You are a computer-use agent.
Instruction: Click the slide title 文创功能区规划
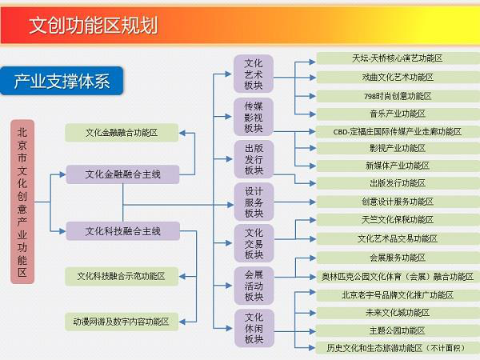94,25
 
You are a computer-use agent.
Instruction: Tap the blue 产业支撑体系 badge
62,81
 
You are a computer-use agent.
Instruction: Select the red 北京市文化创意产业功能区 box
22,202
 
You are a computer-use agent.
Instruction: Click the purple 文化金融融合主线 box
122,174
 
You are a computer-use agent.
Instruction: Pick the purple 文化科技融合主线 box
122,231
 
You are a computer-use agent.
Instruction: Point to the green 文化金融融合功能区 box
122,133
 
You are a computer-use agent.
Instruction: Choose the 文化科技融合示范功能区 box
122,276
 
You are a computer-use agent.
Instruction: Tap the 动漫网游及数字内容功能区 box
122,322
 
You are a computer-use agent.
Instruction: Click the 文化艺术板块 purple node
254,74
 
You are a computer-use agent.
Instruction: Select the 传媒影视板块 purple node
254,117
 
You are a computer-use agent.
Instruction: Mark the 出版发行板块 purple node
254,159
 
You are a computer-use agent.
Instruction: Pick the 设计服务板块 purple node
254,202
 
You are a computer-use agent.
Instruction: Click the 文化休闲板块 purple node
254,328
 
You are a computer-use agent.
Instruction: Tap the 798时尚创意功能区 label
398,96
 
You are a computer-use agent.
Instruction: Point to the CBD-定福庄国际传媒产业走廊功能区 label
398,132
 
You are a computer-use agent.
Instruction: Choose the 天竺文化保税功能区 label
398,220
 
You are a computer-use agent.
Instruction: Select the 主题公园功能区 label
398,331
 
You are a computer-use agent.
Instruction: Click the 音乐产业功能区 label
398,114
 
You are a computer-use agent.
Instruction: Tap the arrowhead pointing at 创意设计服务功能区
313,202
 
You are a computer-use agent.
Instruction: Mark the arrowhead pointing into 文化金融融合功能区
182,133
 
